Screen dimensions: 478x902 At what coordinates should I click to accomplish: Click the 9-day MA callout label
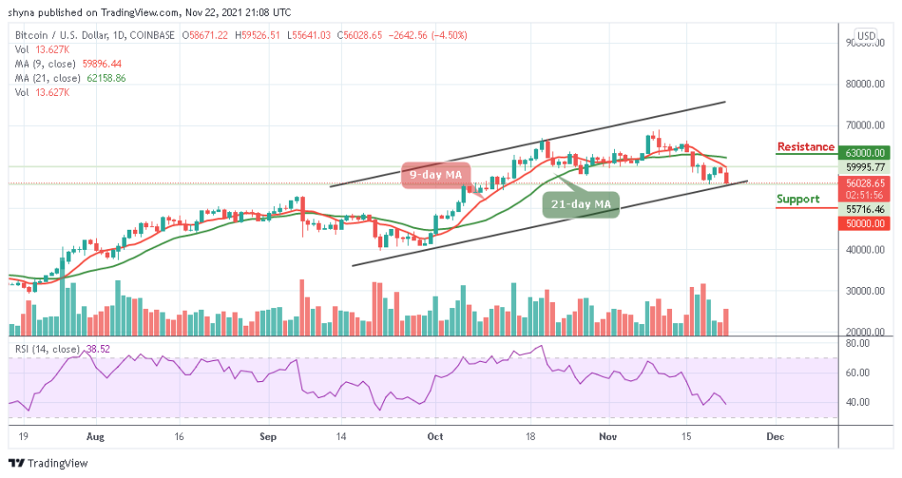(436, 175)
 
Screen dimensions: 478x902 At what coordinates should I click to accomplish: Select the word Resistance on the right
(805, 147)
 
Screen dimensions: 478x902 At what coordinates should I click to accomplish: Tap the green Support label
(798, 199)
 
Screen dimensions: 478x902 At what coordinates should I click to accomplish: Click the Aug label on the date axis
(96, 436)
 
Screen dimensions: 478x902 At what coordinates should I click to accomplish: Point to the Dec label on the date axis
(775, 436)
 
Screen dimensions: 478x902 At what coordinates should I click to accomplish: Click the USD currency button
(866, 35)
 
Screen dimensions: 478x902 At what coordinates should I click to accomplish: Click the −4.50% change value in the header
(449, 35)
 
